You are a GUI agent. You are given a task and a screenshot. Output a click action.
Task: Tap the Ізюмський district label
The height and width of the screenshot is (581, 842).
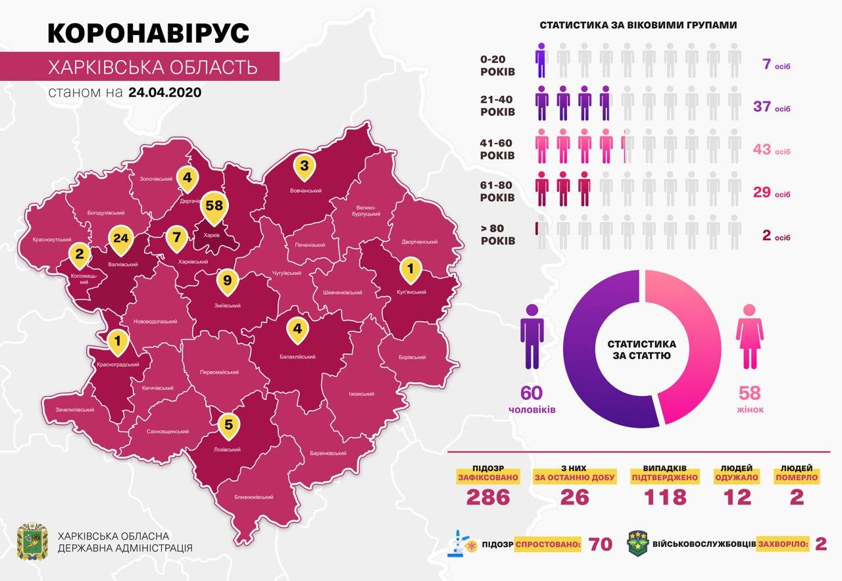[x=362, y=394]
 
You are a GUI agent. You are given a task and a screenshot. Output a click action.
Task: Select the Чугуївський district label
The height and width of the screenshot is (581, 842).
[x=286, y=273]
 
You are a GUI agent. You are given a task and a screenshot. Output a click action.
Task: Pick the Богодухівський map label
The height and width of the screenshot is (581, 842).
[x=106, y=213]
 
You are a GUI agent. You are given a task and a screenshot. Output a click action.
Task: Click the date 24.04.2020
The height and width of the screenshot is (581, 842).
[x=165, y=92]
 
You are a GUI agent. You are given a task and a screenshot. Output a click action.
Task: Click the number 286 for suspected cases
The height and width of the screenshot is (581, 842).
[x=488, y=497]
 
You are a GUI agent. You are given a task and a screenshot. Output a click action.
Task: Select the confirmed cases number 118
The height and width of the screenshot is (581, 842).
[x=666, y=497]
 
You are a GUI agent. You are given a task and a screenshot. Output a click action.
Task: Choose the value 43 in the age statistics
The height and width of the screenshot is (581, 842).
[x=762, y=150]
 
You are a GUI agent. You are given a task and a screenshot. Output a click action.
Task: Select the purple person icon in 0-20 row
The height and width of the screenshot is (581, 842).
[x=541, y=61]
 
